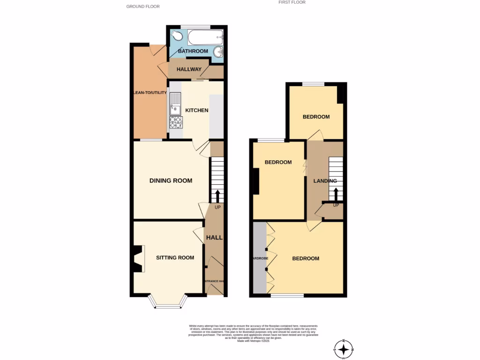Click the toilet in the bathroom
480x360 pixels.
pos(177,36)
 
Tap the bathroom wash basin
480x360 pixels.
pos(218,51)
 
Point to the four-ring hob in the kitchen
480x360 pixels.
pos(176,122)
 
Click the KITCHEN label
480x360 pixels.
pos(197,110)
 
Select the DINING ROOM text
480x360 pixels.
pos(171,180)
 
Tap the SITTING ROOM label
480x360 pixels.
pos(175,257)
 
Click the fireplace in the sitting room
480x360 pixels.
pos(137,259)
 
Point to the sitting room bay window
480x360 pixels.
pos(167,304)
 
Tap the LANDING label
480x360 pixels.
pos(325,181)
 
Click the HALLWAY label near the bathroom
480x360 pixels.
pos(189,69)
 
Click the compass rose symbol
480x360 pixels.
pos(345,349)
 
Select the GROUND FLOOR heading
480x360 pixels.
pos(143,7)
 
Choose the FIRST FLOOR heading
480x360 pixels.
pos(292,2)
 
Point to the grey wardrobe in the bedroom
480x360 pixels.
pos(259,258)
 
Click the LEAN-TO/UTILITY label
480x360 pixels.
pos(150,93)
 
